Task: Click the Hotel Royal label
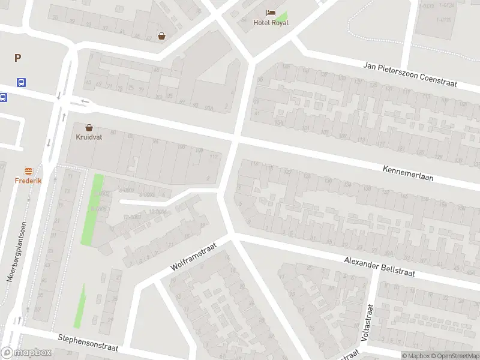[271, 23]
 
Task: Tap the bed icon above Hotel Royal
[271, 13]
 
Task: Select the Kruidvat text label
[89, 137]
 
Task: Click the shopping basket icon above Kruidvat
[89, 127]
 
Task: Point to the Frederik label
[28, 180]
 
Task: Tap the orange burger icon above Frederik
[28, 171]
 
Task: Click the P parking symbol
[17, 58]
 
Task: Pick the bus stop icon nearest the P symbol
[22, 83]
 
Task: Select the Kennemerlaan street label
[416, 174]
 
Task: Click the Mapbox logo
[26, 353]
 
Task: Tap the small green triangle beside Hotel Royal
[283, 17]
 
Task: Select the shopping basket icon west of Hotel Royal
[161, 36]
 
